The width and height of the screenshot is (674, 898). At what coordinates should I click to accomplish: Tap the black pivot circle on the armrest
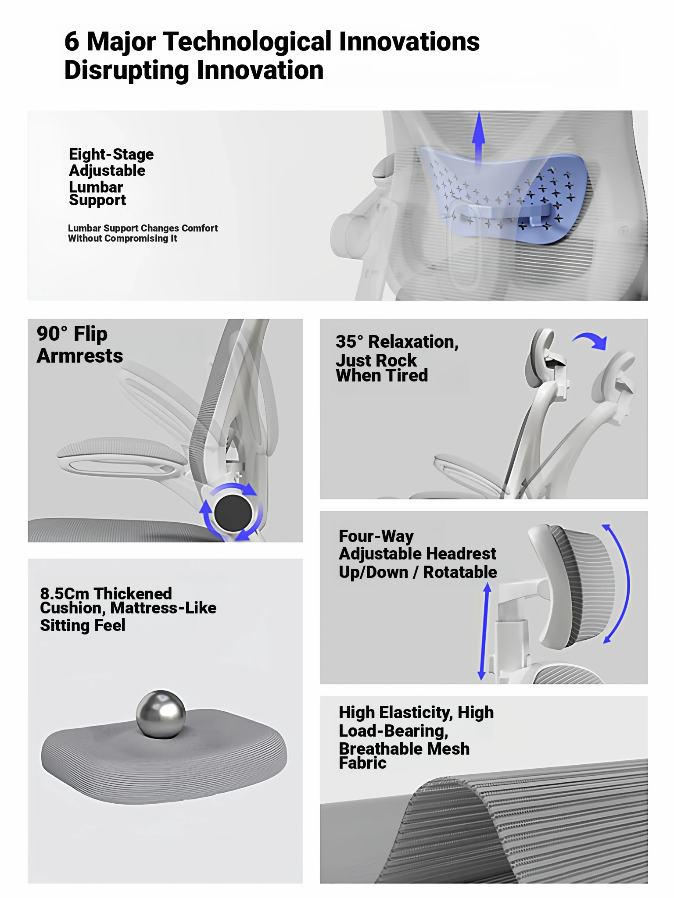[x=233, y=513]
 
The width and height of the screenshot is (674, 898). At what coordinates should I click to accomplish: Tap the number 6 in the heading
[x=72, y=42]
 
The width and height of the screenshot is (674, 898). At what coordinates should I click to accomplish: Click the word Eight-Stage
[x=111, y=154]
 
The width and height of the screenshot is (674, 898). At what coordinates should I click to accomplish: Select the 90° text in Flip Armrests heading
[x=52, y=334]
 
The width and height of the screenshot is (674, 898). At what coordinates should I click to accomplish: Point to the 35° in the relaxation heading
[x=350, y=342]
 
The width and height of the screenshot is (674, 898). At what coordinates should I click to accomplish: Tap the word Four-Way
[x=376, y=536]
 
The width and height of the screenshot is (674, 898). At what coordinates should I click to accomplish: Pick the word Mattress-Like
[x=163, y=608]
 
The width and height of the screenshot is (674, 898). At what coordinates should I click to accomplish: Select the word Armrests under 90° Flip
[x=80, y=356]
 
